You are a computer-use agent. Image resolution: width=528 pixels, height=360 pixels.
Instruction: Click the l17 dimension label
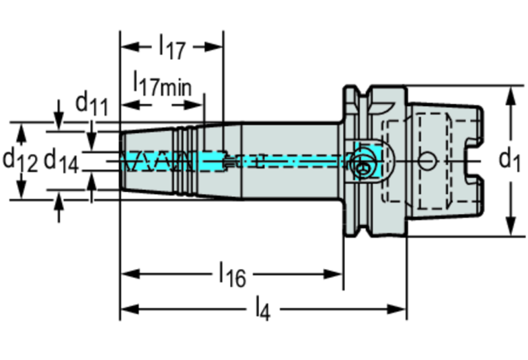tap(171, 47)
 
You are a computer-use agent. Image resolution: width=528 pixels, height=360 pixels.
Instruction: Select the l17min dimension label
tap(162, 85)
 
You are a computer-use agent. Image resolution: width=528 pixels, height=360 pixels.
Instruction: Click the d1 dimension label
tap(509, 160)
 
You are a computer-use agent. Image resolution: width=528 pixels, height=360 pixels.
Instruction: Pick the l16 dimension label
tap(232, 275)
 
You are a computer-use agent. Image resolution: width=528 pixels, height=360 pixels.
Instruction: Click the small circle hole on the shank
tap(428, 161)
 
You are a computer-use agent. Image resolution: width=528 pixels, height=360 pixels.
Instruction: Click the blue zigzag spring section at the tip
tap(156, 162)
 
